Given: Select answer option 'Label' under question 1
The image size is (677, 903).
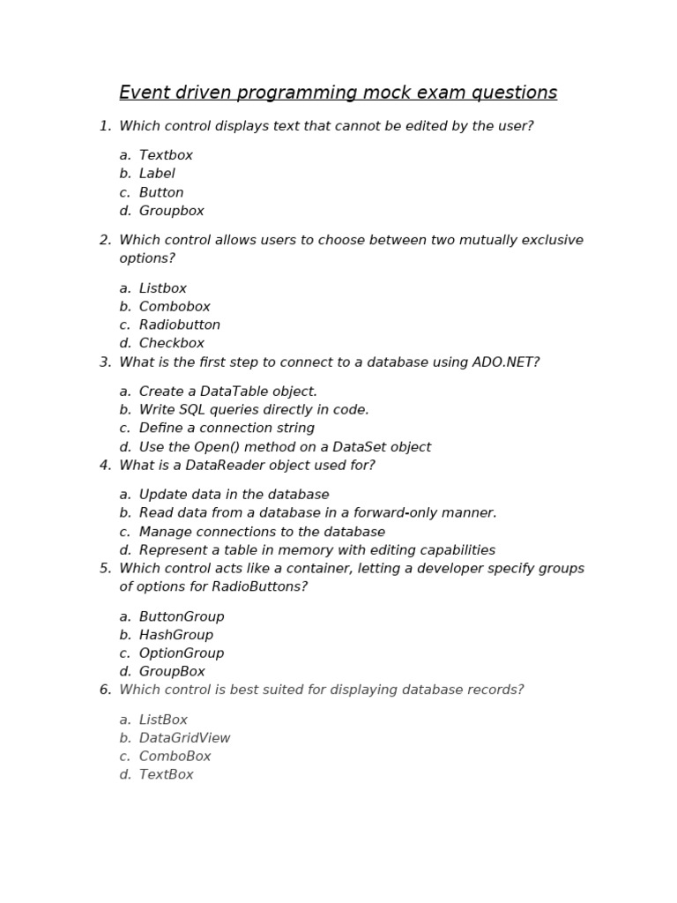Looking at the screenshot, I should pyautogui.click(x=157, y=174).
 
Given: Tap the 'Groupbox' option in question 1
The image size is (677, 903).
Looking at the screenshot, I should pyautogui.click(x=171, y=211).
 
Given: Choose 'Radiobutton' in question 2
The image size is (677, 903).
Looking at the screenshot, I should pyautogui.click(x=179, y=325).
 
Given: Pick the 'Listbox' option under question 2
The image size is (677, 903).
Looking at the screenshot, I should pyautogui.click(x=162, y=288).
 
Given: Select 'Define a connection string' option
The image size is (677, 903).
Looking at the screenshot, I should pyautogui.click(x=227, y=428).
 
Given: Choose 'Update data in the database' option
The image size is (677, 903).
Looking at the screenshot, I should pyautogui.click(x=234, y=495).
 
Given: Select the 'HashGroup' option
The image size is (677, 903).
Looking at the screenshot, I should pyautogui.click(x=176, y=635).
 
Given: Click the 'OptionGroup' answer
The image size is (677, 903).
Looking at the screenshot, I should pyautogui.click(x=182, y=653).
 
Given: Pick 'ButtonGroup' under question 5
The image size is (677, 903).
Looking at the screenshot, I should pyautogui.click(x=182, y=616).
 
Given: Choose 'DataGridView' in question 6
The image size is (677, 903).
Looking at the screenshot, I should pyautogui.click(x=184, y=738).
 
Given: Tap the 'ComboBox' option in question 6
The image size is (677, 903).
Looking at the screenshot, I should pyautogui.click(x=175, y=757).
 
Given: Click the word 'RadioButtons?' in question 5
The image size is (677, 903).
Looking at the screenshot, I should pyautogui.click(x=264, y=586).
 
